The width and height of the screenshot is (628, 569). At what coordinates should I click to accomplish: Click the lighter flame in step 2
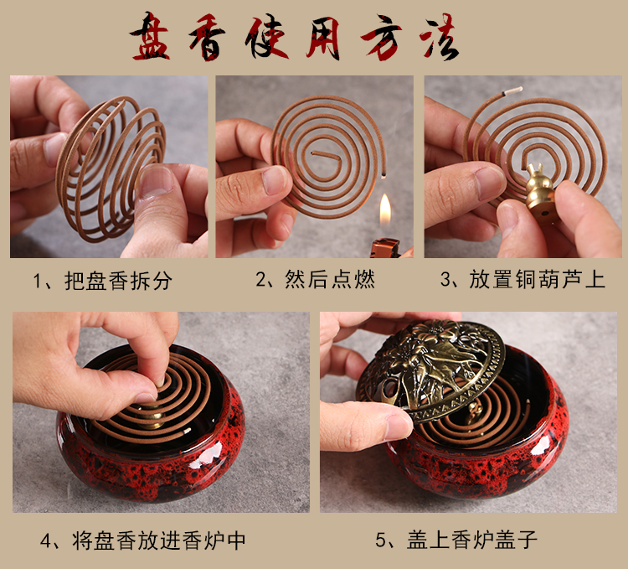coord(385,210)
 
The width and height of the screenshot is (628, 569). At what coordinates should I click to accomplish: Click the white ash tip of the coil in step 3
coord(513,91)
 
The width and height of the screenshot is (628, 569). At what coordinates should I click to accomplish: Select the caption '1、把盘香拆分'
coord(102,281)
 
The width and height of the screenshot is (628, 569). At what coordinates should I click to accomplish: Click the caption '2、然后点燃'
coord(315,279)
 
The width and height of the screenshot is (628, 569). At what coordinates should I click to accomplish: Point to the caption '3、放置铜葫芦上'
coord(522,279)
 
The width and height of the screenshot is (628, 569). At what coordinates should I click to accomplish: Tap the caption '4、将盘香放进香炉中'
coord(143,541)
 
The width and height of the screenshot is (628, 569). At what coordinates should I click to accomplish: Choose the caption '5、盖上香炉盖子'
coord(456,540)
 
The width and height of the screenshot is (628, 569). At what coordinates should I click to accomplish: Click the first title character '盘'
coord(150,37)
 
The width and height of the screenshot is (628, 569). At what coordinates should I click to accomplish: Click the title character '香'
coord(206,37)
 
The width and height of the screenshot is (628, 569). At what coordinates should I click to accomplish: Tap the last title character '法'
coord(440,37)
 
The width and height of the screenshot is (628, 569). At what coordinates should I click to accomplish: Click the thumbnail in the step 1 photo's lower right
coord(157,183)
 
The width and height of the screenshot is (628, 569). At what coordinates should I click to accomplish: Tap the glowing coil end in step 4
coord(187,432)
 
